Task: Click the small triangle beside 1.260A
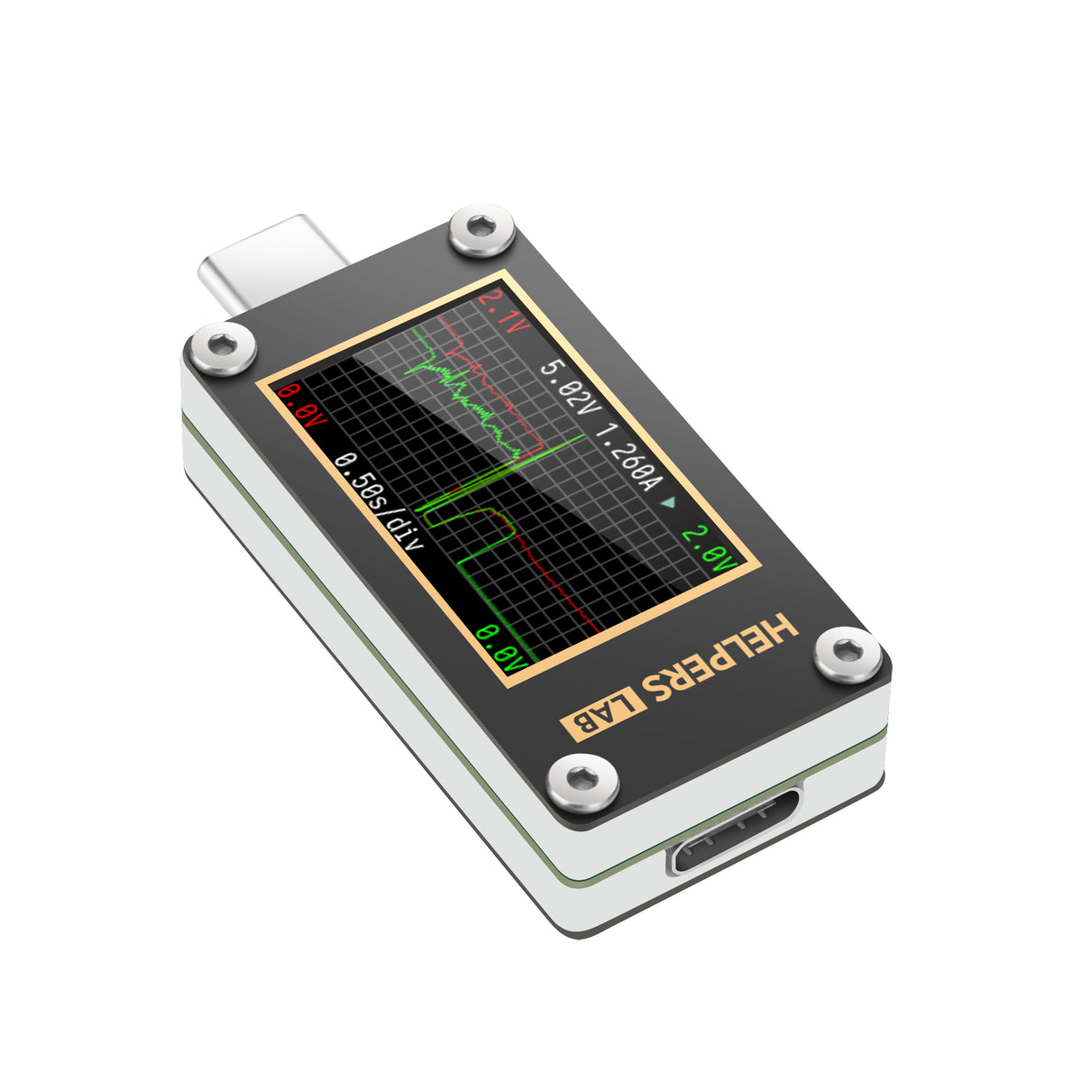(x=668, y=502)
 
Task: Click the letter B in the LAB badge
(x=578, y=726)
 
